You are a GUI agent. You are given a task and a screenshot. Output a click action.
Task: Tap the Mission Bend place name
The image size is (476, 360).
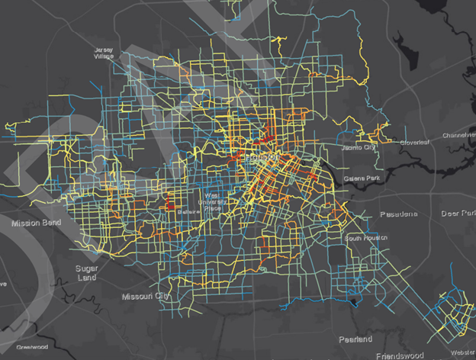[x=36, y=224]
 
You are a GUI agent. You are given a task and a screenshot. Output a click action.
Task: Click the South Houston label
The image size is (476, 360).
[x=363, y=239]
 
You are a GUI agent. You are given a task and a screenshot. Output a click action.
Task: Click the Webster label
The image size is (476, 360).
[x=463, y=352]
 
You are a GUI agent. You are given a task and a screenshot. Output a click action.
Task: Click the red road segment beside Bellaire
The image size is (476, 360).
[x=169, y=205]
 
